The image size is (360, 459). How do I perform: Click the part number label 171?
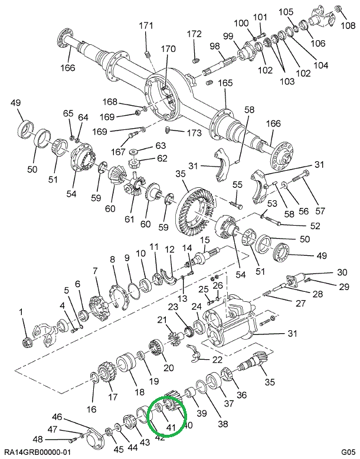coord(146,25)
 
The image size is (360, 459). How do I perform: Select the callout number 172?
coord(194,34)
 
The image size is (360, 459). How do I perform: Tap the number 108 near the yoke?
coord(348,25)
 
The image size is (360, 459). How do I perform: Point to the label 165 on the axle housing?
coord(225,83)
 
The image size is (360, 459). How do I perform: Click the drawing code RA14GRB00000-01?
coord(36,452)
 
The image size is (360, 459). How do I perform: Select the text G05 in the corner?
coord(347,452)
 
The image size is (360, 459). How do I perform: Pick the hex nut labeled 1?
coord(25,340)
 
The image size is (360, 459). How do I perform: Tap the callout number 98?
coord(214,46)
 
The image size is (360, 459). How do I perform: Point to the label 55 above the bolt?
coord(237,185)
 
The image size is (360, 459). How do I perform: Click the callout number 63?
coord(145,145)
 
